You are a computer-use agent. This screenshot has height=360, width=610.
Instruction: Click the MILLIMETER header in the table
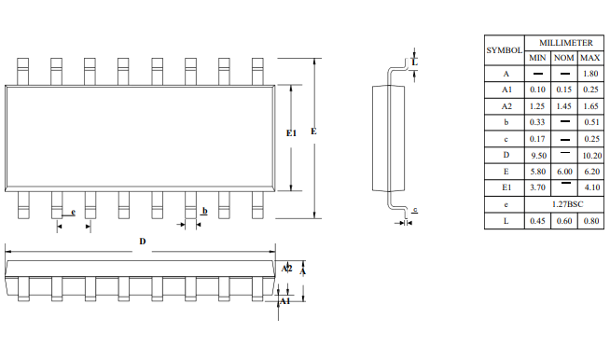click(x=565, y=43)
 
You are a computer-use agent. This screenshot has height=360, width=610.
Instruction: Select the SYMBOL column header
click(x=505, y=50)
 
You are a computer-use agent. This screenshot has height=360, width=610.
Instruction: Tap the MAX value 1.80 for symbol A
click(x=590, y=74)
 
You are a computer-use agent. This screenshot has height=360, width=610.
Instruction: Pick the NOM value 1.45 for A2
click(x=563, y=106)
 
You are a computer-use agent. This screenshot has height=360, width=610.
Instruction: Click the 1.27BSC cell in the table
click(x=568, y=204)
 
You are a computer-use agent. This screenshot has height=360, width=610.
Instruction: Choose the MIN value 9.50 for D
click(x=539, y=156)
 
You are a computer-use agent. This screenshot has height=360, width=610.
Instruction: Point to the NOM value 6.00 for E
click(x=564, y=172)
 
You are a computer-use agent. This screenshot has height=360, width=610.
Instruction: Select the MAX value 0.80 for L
click(x=591, y=221)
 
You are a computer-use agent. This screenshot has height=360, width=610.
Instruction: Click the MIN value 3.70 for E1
click(x=537, y=187)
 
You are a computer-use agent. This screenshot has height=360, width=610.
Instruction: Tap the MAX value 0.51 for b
click(x=591, y=122)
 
